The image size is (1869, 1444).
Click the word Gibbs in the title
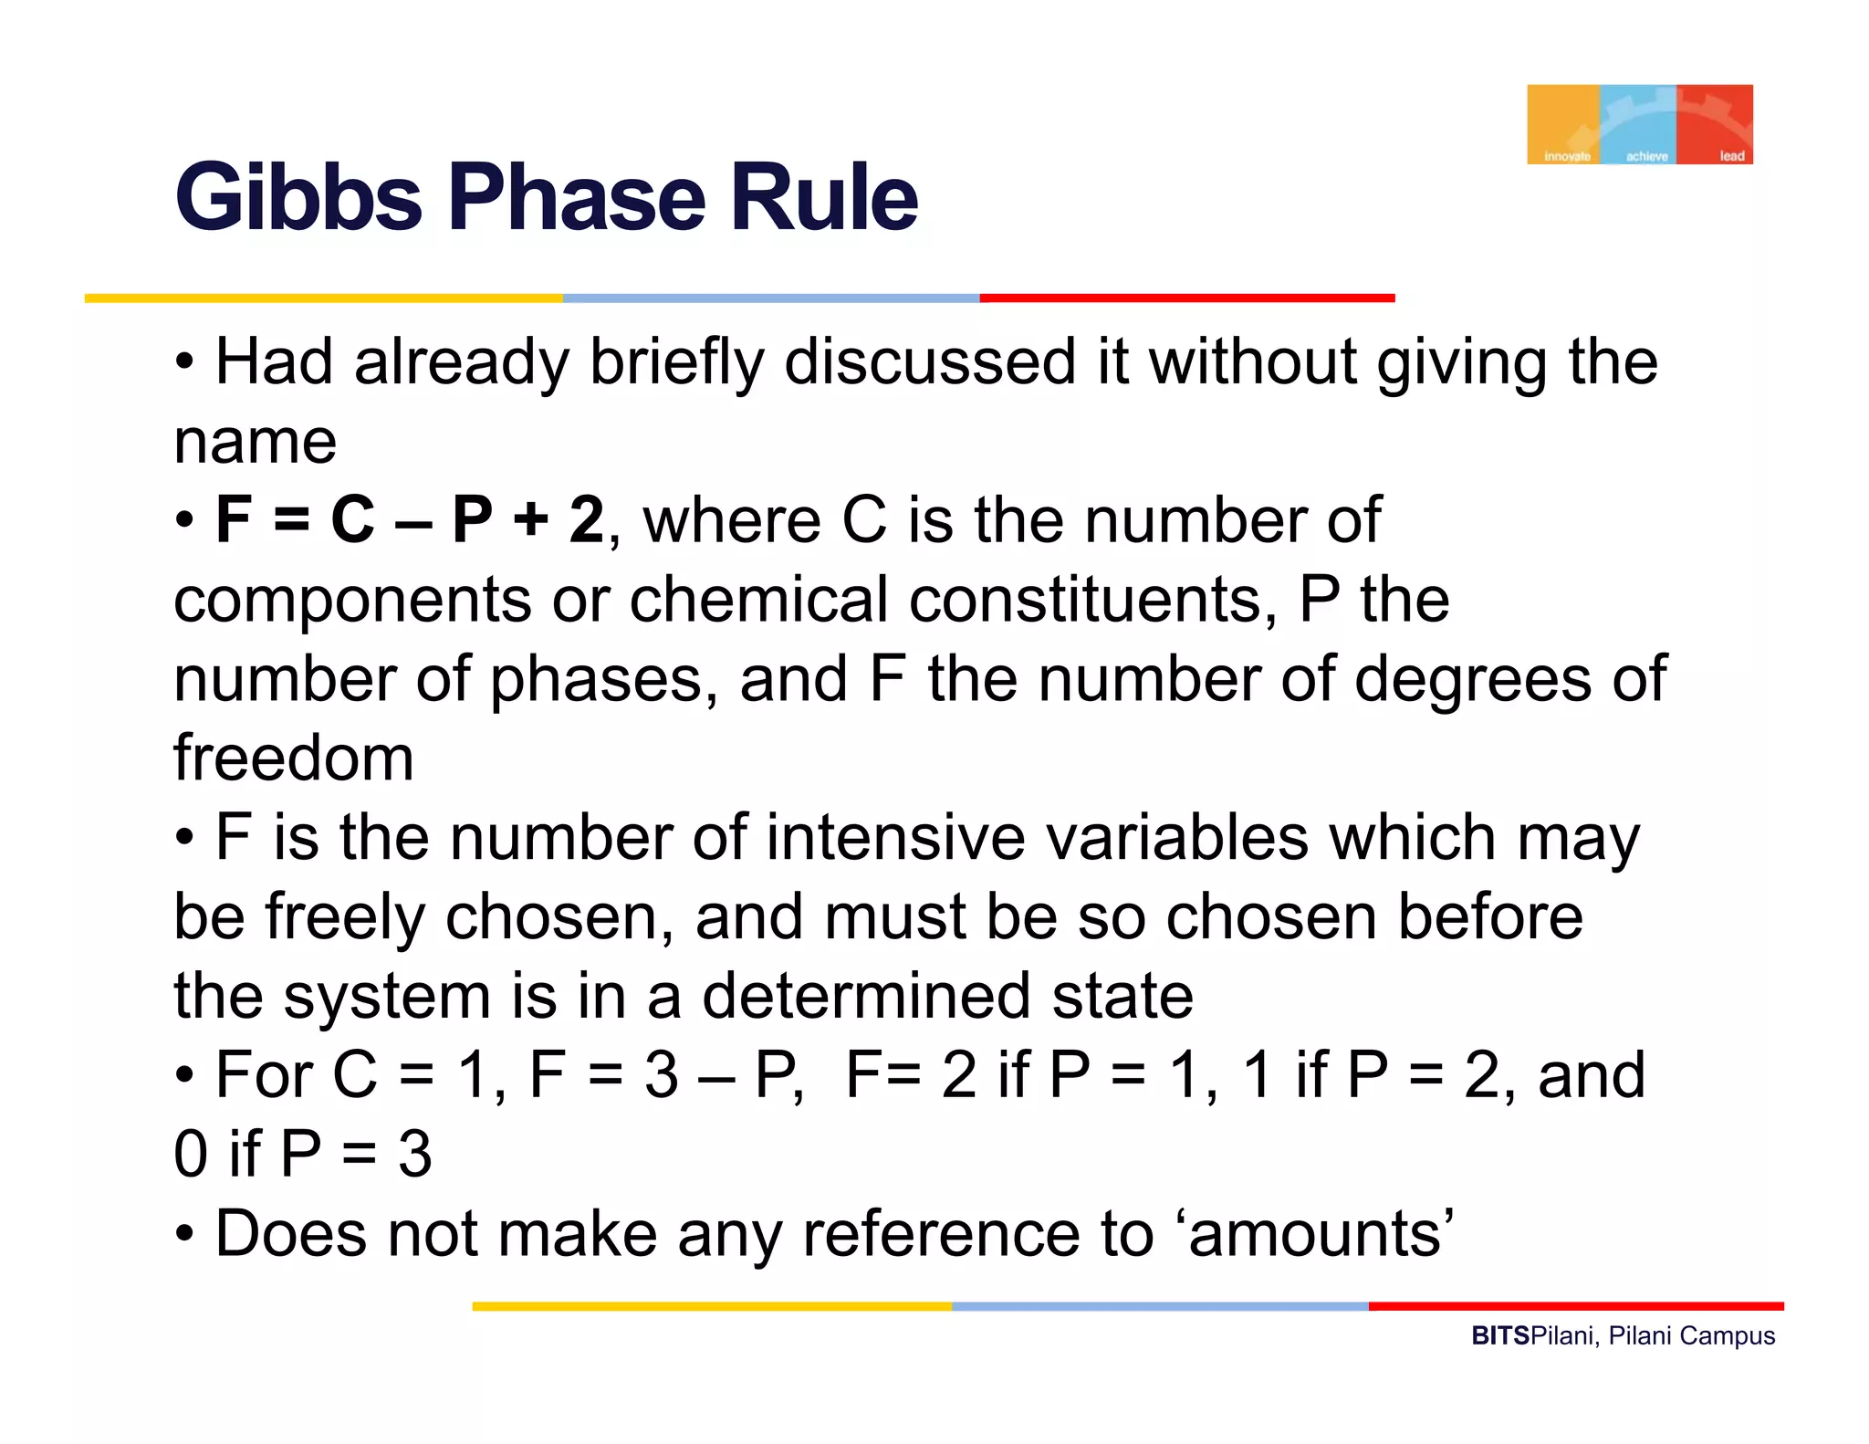pyautogui.click(x=298, y=197)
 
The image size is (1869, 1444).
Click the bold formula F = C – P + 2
pyautogui.click(x=409, y=519)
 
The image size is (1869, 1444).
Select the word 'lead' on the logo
pyautogui.click(x=1731, y=156)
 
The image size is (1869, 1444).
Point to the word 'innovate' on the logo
pyautogui.click(x=1566, y=156)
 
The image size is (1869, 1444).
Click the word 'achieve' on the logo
pyautogui.click(x=1646, y=156)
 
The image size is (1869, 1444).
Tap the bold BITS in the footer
pyautogui.click(x=1499, y=1335)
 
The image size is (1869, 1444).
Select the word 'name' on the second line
pyautogui.click(x=256, y=442)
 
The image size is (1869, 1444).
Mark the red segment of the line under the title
pyautogui.click(x=1186, y=298)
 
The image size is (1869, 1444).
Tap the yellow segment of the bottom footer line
pyautogui.click(x=712, y=1306)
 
